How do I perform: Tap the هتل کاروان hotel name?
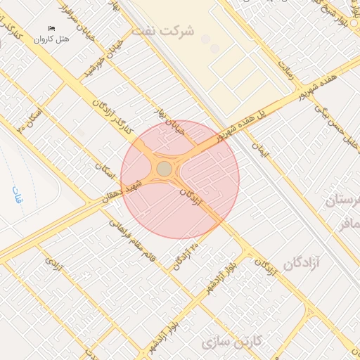tap(51, 39)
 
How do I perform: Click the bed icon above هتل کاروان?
tap(51, 28)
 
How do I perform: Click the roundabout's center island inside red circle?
tap(164, 169)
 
